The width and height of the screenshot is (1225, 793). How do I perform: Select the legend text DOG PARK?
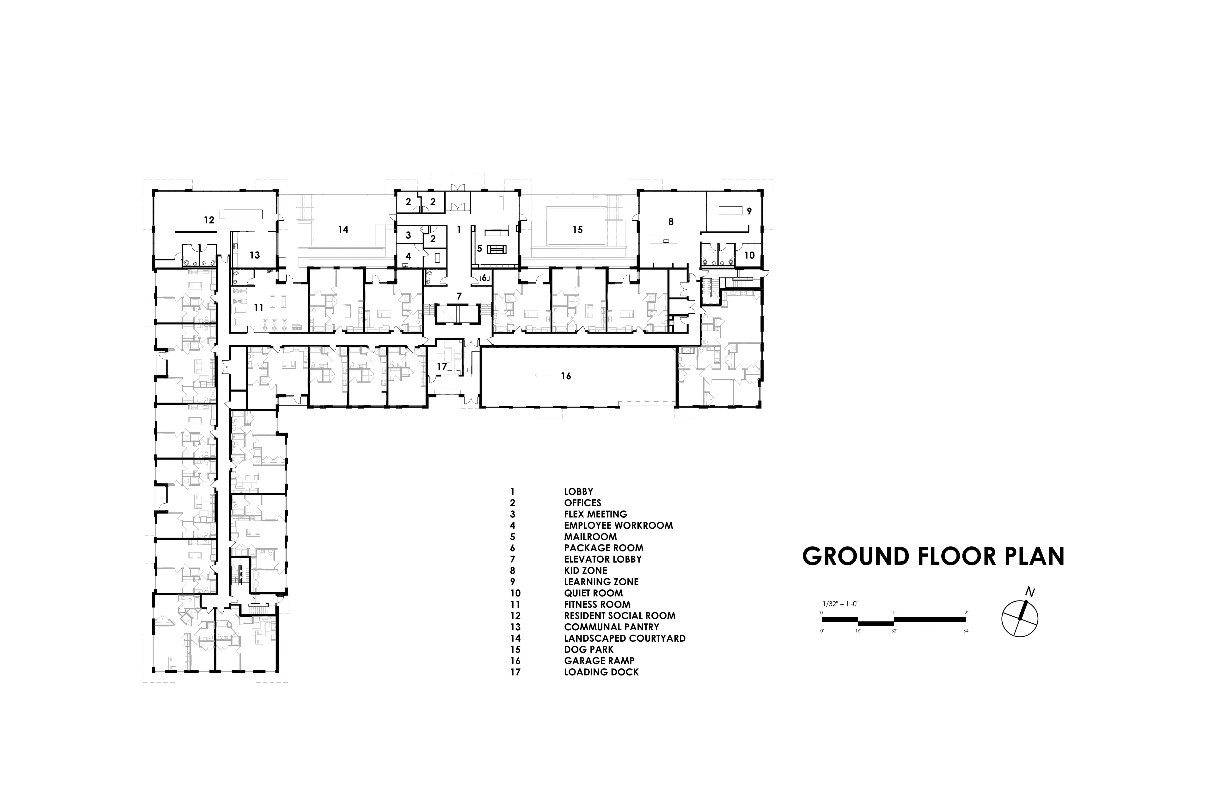[x=589, y=649]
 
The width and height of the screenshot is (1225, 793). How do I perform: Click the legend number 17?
[x=515, y=672]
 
